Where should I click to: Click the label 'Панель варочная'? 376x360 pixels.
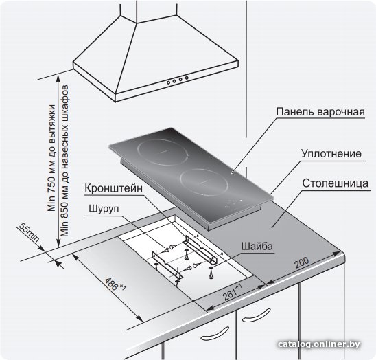click(320, 112)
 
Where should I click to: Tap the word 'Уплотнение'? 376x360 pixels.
click(331, 154)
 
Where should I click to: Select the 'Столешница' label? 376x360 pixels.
click(335, 183)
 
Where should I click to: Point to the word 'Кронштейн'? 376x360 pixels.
click(114, 189)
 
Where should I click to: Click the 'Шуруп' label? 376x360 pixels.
click(104, 209)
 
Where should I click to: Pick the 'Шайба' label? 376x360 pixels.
click(257, 247)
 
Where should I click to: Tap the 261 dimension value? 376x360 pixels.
click(232, 292)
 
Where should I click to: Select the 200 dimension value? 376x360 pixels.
click(302, 262)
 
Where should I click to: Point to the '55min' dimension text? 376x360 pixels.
click(29, 232)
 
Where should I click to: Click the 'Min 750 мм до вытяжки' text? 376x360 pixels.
click(51, 158)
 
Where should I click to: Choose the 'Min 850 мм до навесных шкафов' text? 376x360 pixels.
click(64, 161)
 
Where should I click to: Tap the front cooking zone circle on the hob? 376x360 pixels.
click(204, 182)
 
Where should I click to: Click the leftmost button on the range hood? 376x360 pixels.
click(169, 82)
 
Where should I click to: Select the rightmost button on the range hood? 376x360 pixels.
click(187, 78)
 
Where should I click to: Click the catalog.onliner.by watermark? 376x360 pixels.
click(319, 344)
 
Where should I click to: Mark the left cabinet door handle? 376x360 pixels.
click(215, 333)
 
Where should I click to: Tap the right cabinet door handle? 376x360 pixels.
click(256, 315)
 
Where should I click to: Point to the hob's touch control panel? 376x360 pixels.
click(233, 203)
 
